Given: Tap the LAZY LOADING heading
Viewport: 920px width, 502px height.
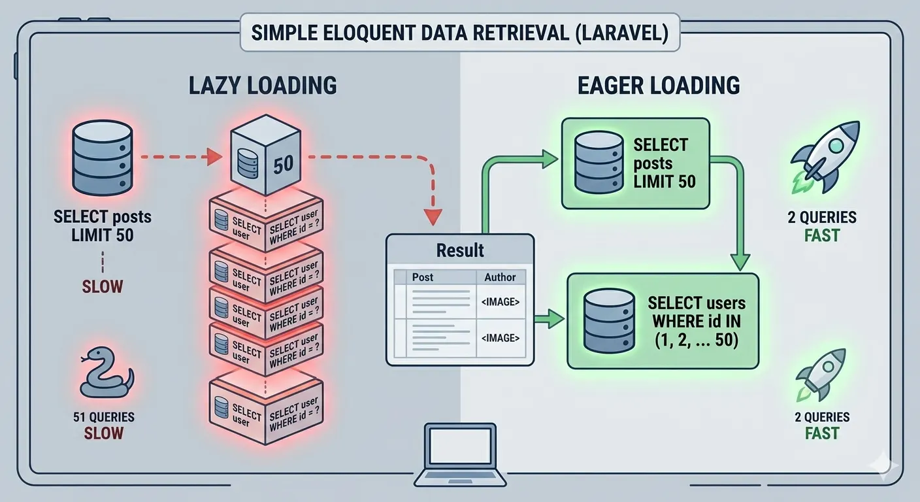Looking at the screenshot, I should coord(263,86).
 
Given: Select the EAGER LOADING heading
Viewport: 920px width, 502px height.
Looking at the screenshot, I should coord(659,86).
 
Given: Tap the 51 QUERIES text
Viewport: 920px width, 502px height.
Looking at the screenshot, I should coord(105,416).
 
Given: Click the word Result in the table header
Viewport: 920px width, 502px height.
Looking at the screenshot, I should coord(460,250).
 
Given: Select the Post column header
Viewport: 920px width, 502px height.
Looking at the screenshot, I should coord(423,277).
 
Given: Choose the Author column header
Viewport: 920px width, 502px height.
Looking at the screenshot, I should coord(500,277).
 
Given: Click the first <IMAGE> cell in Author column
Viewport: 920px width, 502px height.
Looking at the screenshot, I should coord(500,302).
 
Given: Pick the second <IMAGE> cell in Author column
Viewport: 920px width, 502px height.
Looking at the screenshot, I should coord(500,338).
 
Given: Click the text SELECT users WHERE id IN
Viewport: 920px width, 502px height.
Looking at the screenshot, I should coord(697,312).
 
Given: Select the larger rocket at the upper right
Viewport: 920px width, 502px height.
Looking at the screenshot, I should coord(819,158).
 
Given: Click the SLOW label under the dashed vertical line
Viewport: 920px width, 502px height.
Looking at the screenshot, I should coord(103,286).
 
